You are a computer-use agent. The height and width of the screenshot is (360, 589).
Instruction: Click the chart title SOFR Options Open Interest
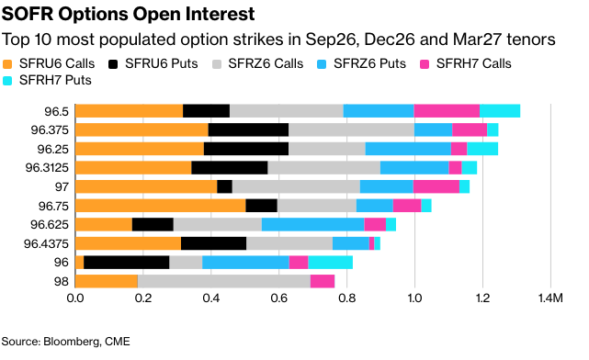pos(128,15)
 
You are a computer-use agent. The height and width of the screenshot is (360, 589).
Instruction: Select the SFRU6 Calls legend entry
pos(49,63)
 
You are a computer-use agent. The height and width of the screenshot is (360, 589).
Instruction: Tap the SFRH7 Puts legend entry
pos(47,80)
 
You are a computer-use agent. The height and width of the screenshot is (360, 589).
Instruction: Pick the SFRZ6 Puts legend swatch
pos(322,64)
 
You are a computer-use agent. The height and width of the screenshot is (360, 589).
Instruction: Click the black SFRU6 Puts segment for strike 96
pos(127,263)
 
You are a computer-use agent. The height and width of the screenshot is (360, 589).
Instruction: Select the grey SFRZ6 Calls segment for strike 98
pos(224,282)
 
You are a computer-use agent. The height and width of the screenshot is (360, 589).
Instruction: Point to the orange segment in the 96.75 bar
pos(161,206)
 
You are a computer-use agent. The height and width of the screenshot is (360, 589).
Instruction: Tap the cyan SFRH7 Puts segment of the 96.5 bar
pos(500,111)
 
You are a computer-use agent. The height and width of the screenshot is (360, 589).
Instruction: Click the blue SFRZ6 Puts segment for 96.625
pos(313,224)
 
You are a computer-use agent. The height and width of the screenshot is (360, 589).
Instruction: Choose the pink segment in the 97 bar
pos(436,186)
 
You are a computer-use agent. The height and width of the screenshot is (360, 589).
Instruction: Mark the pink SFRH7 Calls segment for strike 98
pos(323,282)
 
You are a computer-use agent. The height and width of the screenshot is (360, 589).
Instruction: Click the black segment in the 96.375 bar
pos(248,129)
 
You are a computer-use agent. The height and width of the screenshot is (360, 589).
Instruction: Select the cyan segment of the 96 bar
pos(330,263)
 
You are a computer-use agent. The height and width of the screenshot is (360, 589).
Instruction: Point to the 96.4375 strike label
pos(46,244)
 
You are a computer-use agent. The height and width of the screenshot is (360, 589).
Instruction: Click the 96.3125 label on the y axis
pos(47,168)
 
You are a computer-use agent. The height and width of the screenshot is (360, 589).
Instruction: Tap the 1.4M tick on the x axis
pos(550,298)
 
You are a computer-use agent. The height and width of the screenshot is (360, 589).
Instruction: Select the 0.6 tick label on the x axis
pos(278,298)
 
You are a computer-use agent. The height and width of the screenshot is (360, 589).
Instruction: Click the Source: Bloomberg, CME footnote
pos(66,342)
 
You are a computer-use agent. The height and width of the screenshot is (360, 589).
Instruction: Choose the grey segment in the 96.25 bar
pos(327,149)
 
